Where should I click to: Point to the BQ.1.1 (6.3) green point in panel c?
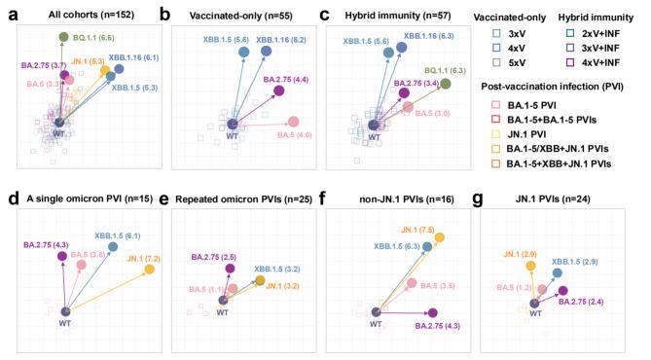pyautogui.click(x=446, y=85)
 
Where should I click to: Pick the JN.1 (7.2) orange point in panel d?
pyautogui.click(x=150, y=269)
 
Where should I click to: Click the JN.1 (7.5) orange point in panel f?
pyautogui.click(x=440, y=237)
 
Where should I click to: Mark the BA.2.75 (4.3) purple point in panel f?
pyautogui.click(x=432, y=312)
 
